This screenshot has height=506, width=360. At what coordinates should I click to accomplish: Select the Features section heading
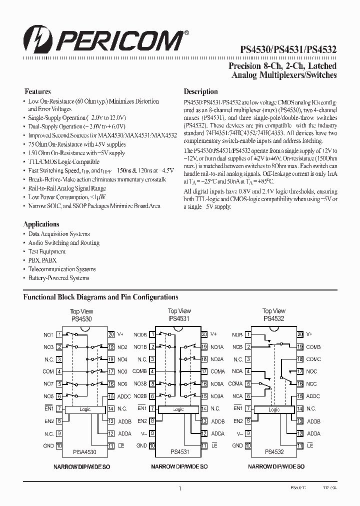(x=38, y=91)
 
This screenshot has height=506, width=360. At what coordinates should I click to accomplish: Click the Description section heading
(x=200, y=91)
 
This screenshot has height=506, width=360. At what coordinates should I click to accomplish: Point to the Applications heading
(x=41, y=224)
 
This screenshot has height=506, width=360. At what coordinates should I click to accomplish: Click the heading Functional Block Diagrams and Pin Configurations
(x=101, y=297)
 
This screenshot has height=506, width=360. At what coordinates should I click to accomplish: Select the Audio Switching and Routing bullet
(x=63, y=242)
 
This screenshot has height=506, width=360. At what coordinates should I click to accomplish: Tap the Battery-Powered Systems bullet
(x=58, y=278)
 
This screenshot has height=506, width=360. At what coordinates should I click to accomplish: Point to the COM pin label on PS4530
(x=48, y=371)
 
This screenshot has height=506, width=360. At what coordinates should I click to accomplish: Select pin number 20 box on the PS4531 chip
(x=204, y=334)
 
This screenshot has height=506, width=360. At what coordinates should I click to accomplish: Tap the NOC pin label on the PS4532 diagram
(x=311, y=371)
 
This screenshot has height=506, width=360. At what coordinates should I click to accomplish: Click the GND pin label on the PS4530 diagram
(x=48, y=445)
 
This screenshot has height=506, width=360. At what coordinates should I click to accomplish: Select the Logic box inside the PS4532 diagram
(x=274, y=409)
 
